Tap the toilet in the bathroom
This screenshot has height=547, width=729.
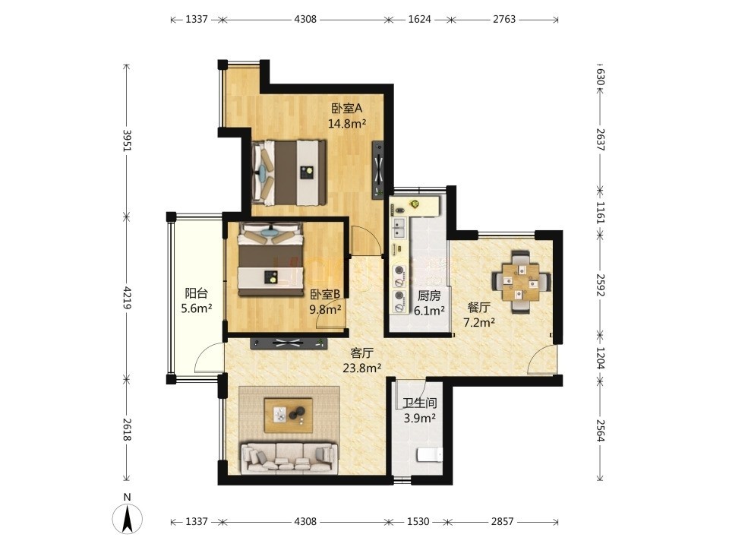[430, 454]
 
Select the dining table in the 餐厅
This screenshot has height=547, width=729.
[521, 282]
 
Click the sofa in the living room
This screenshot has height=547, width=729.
[289, 459]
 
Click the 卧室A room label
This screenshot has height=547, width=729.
[347, 109]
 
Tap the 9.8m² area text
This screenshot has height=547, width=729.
[326, 309]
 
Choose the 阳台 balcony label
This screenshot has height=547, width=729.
[196, 293]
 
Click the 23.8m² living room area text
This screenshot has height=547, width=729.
[362, 368]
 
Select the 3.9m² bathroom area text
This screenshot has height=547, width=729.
[420, 418]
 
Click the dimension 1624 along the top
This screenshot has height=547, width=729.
[419, 19]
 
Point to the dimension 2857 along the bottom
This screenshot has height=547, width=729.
[503, 521]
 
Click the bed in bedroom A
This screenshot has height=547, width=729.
[289, 172]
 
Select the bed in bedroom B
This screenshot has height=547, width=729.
[270, 259]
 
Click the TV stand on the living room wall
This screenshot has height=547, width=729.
[289, 343]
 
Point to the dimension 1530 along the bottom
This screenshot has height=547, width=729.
[418, 521]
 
